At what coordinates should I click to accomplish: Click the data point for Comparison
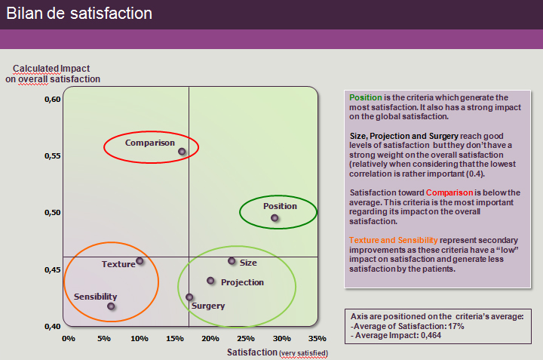tap(182, 152)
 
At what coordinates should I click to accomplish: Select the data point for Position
tap(275, 218)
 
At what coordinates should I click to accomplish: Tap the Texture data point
tap(140, 261)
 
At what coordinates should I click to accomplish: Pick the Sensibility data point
tap(111, 306)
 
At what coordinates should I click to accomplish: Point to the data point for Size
tap(232, 261)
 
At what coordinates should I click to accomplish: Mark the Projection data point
tap(210, 281)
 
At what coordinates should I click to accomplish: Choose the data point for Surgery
tap(189, 297)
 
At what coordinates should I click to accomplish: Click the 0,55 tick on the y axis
tap(51, 156)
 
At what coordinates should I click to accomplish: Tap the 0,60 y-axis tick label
tap(51, 100)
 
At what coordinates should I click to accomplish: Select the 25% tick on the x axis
tap(246, 338)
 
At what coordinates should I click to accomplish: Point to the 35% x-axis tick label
tap(318, 338)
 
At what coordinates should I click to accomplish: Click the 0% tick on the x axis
tap(69, 338)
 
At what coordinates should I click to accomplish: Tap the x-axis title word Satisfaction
tap(252, 352)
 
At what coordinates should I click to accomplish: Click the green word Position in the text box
tap(365, 98)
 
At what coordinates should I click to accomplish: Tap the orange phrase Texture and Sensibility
tap(394, 240)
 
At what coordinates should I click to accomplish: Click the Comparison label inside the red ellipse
tap(150, 143)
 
